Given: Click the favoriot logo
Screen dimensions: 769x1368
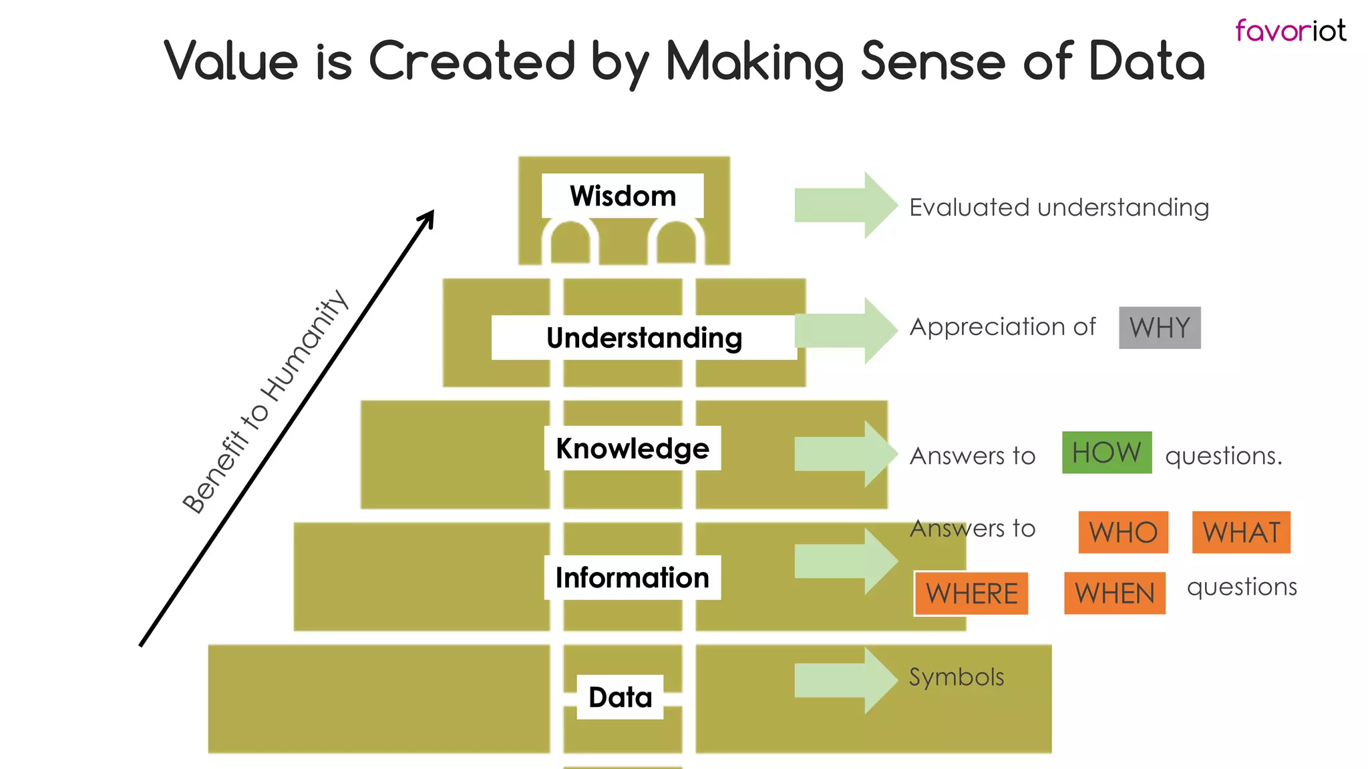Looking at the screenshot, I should [1290, 31].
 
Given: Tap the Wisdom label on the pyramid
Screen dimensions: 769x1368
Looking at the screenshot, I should [623, 196].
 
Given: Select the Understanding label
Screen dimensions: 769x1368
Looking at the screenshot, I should [644, 338].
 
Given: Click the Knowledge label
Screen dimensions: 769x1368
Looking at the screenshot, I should [632, 448].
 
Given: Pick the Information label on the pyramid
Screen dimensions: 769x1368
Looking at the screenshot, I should [632, 577].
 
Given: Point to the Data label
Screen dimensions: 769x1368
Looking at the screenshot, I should [620, 697].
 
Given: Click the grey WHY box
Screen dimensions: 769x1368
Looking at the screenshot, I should [1160, 328].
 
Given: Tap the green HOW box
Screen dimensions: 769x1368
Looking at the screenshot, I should [1107, 453].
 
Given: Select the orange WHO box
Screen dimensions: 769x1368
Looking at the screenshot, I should [1123, 533].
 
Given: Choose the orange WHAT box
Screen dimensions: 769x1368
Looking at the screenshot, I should [1241, 533].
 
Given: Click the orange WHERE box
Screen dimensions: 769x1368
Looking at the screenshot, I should [971, 593].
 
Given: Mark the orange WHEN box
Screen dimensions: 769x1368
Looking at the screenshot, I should [1114, 593].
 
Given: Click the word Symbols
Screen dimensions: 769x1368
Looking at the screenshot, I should [957, 677].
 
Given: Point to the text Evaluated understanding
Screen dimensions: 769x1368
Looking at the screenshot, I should [1059, 208].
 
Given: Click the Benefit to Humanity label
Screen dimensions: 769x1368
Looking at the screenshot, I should [265, 402].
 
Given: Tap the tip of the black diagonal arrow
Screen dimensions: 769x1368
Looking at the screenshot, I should [433, 212].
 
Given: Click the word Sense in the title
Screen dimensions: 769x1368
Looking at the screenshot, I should [932, 61].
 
